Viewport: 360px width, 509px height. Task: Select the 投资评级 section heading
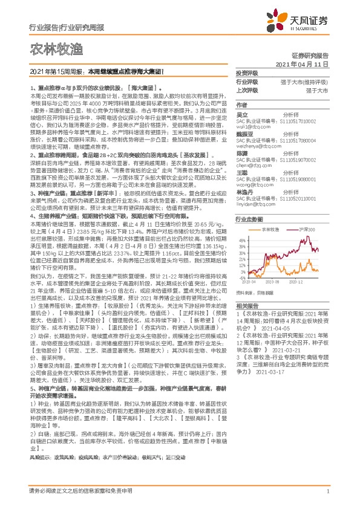click(x=246, y=73)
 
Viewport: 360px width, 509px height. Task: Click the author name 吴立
click(x=241, y=114)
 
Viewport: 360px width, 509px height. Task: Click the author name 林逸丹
click(x=243, y=190)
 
